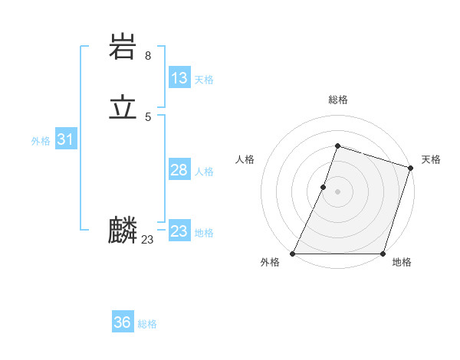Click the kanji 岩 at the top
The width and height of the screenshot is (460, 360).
point(123,48)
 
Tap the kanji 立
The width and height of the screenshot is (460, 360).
point(123,109)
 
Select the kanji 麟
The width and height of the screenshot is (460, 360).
point(123,231)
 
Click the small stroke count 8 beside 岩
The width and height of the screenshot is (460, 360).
point(148,56)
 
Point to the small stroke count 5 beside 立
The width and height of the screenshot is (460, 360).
point(148,116)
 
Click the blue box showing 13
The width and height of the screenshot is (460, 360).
point(179,78)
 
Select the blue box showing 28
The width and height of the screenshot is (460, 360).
point(179,170)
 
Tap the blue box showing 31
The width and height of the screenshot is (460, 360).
point(65,139)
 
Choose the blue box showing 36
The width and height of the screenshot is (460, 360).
point(123,322)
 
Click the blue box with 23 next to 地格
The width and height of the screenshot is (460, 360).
point(179,231)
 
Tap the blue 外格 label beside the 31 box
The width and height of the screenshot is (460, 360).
point(41,141)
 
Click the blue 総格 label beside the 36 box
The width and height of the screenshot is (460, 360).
point(147,324)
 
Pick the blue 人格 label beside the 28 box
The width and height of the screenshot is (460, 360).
point(204,172)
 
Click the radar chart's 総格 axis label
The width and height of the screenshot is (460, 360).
point(337,100)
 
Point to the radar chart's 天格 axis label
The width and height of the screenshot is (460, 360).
point(431,159)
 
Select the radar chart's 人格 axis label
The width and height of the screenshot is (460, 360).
point(245,159)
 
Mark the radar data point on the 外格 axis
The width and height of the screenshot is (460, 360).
point(293,254)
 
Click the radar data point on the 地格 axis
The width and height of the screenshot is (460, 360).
point(383,254)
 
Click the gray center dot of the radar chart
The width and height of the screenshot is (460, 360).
point(337,191)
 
